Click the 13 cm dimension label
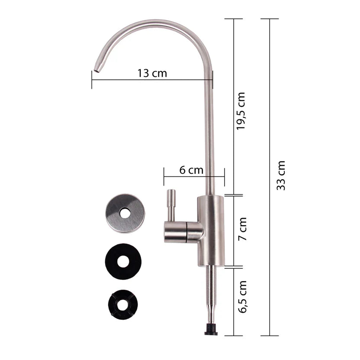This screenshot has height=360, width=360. (x=152, y=74)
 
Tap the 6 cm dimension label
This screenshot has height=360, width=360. (x=191, y=170)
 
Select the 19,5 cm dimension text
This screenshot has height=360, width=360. (x=241, y=111)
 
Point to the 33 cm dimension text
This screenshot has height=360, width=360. (x=280, y=176)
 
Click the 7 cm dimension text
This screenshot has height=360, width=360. (x=242, y=229)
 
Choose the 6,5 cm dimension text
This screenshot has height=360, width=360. (x=242, y=297)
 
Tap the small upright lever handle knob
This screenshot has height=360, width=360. (x=171, y=204)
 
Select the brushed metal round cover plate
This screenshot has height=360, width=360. (x=125, y=213)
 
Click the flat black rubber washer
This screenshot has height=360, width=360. (x=123, y=261)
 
